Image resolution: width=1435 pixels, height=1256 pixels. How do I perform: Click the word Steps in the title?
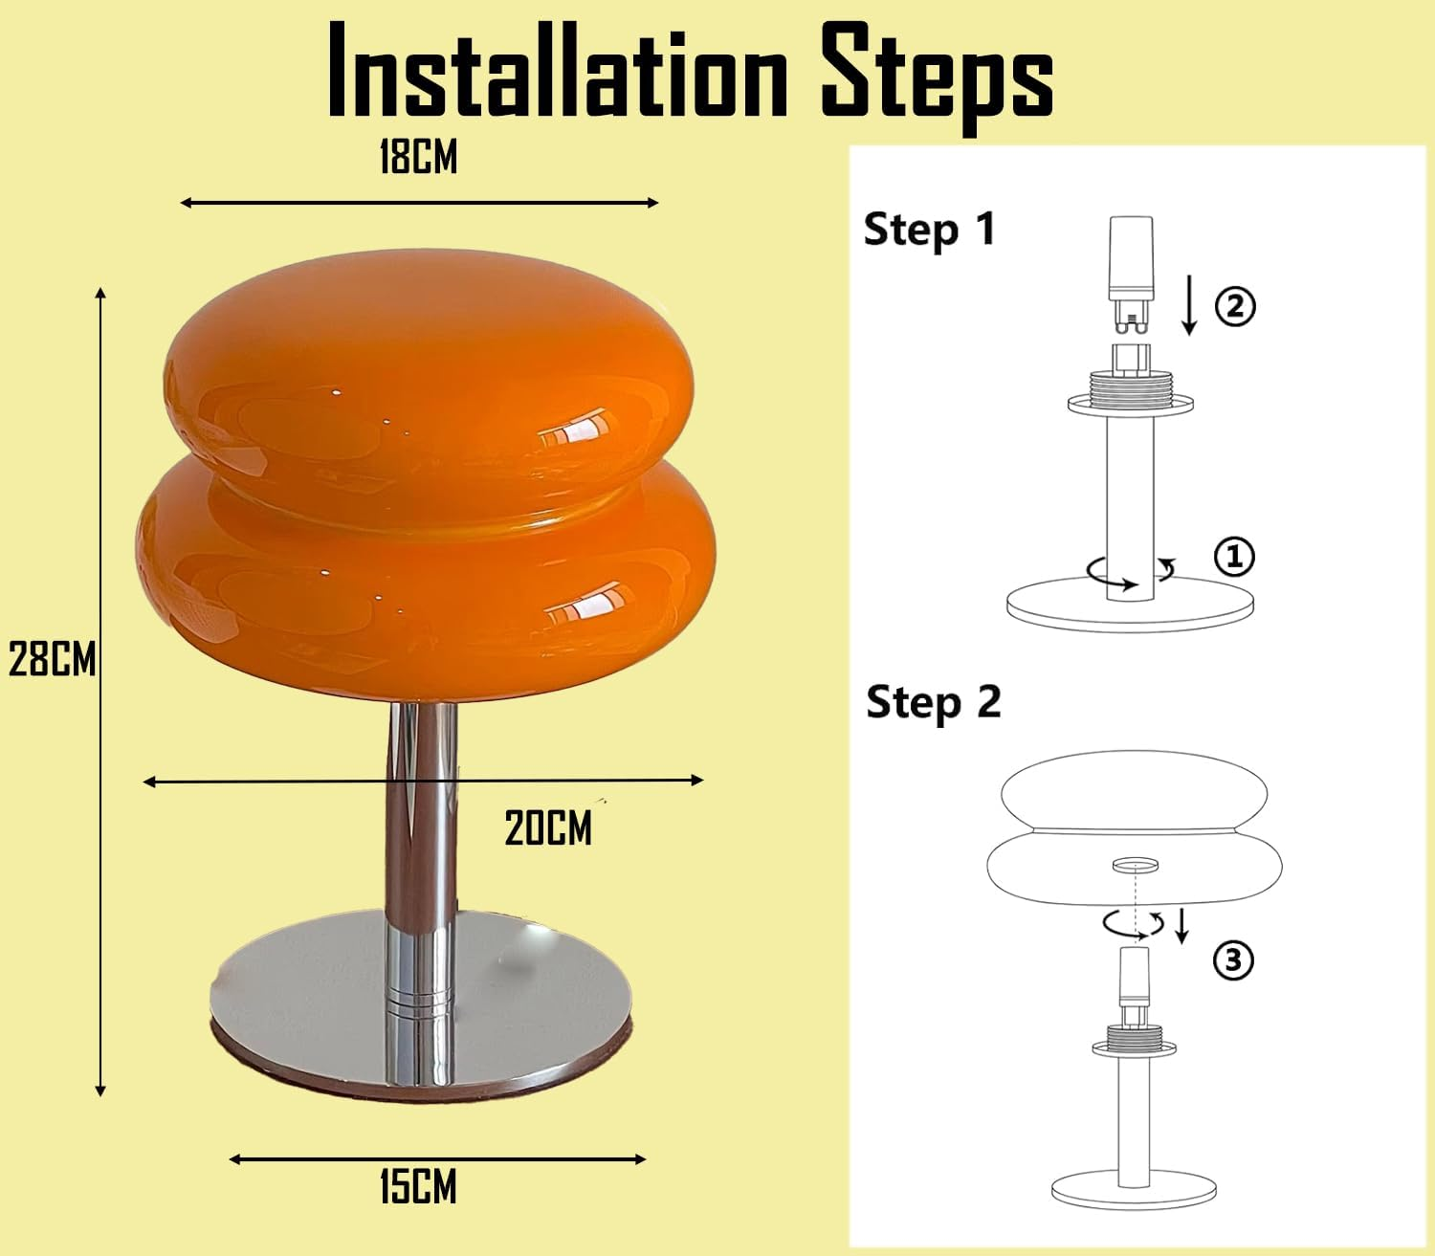tap(937, 75)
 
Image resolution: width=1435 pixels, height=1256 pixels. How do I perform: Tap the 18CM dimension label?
tap(418, 158)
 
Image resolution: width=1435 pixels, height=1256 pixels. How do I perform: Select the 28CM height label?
tap(52, 660)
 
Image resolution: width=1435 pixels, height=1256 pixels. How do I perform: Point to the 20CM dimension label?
tap(548, 828)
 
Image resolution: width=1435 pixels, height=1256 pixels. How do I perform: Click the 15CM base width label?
tap(418, 1188)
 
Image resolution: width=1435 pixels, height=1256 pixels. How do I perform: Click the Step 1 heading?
tap(929, 231)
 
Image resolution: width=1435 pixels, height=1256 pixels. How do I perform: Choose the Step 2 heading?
tap(933, 703)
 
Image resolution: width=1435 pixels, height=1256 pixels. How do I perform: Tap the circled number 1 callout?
tap(1234, 556)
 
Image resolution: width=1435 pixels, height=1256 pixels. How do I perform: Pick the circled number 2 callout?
tap(1234, 307)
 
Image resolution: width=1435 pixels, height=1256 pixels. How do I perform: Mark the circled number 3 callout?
tap(1233, 959)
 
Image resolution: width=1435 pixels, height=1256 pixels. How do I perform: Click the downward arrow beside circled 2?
tap(1189, 304)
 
